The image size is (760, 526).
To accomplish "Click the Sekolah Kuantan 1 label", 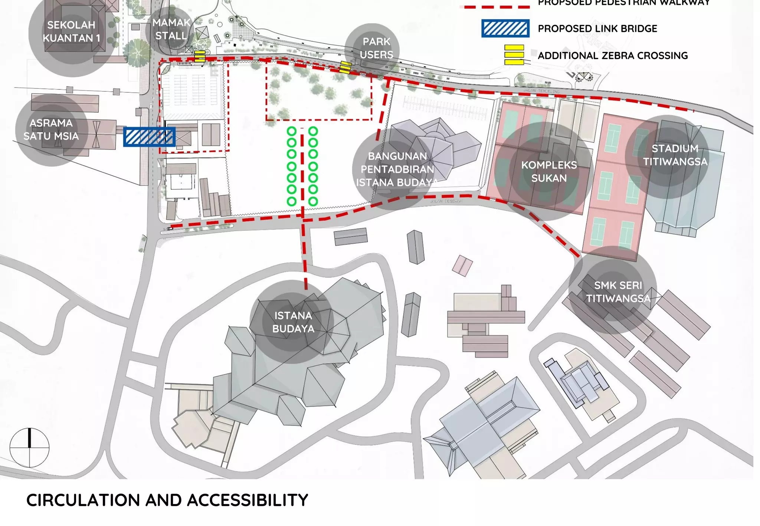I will tap(71, 32).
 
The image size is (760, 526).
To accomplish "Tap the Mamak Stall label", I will tap(171, 29).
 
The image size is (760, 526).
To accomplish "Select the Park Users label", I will tap(376, 48).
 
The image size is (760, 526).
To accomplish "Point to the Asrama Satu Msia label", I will tap(51, 129).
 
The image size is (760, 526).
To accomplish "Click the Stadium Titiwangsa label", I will tap(675, 155).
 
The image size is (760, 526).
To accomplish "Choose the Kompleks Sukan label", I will tap(549, 171).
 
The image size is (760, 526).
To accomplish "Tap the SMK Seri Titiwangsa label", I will tap(618, 292).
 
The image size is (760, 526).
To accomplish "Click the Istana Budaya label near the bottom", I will tap(293, 322).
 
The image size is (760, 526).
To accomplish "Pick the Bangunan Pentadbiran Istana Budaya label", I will tap(397, 169).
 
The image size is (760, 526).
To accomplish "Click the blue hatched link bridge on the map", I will tap(149, 137).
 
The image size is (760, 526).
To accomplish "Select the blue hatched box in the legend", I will tap(505, 29).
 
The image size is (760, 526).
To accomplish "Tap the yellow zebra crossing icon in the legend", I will tap(514, 55).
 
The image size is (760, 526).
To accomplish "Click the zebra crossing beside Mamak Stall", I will tap(200, 56).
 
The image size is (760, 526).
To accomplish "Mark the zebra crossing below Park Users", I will tap(345, 68).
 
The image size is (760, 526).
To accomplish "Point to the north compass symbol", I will tap(29, 447).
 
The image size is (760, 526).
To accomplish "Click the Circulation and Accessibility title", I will tap(167, 500).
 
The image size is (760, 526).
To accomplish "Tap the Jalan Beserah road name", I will tap(446, 201).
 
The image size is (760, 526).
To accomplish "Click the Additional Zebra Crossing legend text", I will tap(613, 56).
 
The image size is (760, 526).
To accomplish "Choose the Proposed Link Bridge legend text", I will tap(597, 29).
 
